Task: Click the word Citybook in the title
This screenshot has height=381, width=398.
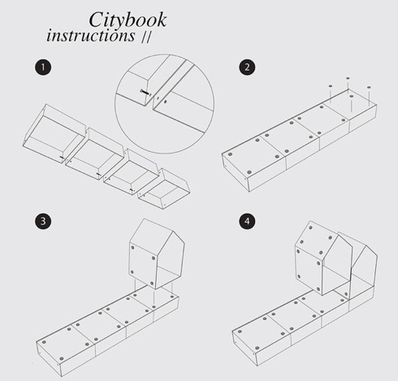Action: coord(124,19)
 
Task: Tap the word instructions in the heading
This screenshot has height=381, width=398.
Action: coord(90,37)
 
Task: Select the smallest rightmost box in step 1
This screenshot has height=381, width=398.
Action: coord(166,185)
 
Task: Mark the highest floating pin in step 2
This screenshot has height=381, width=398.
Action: coord(348,79)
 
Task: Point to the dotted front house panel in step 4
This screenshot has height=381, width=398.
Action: coord(314,258)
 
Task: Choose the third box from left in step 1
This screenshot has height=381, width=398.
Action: coord(131,171)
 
